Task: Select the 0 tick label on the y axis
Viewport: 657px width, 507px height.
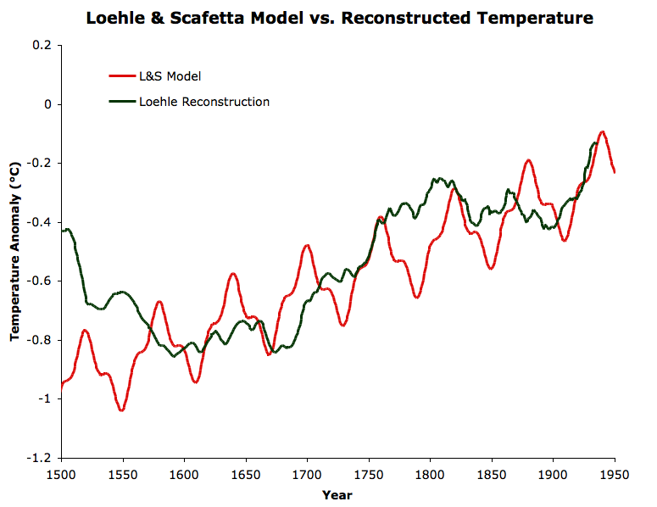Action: pyautogui.click(x=47, y=104)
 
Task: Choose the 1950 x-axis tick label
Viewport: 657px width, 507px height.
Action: pyautogui.click(x=615, y=475)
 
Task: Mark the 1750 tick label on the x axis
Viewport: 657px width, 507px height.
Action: pyautogui.click(x=369, y=475)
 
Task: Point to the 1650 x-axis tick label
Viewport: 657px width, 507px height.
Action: pyautogui.click(x=246, y=475)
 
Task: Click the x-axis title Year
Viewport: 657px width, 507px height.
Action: pyautogui.click(x=337, y=495)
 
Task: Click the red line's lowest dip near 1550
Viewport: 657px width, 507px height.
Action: pyautogui.click(x=122, y=410)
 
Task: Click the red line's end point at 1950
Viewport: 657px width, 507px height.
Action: pyautogui.click(x=615, y=172)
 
